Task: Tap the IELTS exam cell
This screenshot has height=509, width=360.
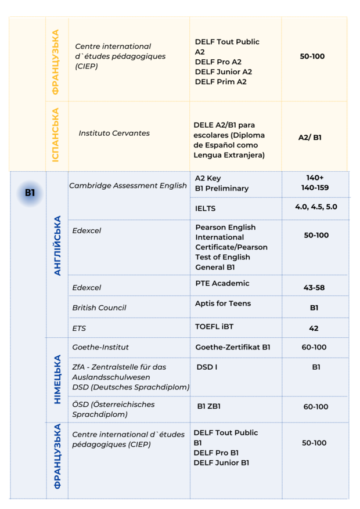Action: tap(205, 208)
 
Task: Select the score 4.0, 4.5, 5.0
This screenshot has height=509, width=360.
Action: tap(315, 207)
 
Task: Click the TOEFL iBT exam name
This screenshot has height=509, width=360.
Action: tap(214, 327)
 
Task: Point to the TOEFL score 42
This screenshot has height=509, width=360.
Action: tap(314, 328)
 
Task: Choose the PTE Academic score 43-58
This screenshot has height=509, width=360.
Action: tap(314, 287)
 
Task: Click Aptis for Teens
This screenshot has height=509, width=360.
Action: tap(222, 303)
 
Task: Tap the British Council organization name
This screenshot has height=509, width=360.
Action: tap(99, 308)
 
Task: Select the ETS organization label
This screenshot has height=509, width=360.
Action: tap(79, 328)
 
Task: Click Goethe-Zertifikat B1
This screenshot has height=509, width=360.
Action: tap(232, 347)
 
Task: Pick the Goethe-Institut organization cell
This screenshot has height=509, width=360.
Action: tap(100, 347)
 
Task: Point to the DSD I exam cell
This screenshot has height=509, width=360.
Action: tap(207, 367)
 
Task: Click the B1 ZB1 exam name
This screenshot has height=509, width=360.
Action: tap(208, 406)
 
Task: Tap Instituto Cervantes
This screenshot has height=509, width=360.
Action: tap(114, 133)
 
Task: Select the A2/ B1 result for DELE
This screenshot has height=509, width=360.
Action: tap(309, 138)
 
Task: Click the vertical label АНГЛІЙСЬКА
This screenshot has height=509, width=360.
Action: tap(57, 246)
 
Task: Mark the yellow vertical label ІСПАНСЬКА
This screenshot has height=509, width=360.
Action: tap(56, 134)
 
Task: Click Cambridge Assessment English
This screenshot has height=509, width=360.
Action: tap(128, 186)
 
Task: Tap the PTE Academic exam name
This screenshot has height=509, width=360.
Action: tap(222, 283)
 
